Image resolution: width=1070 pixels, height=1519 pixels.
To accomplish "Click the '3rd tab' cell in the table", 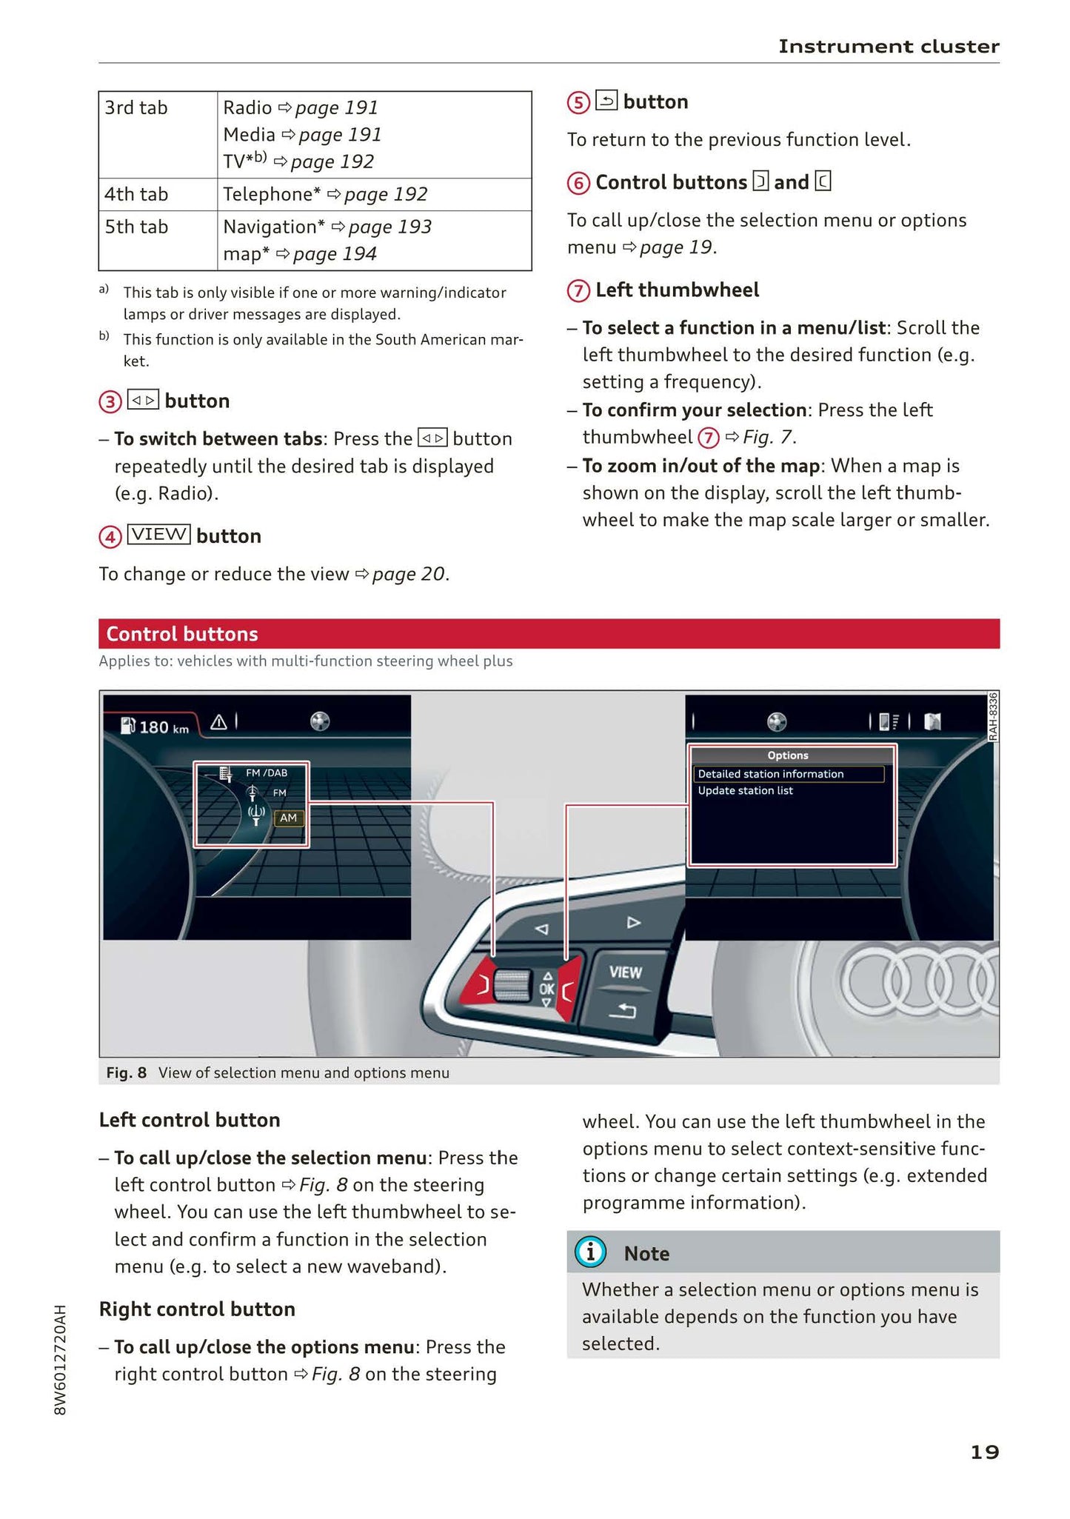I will click(x=136, y=108).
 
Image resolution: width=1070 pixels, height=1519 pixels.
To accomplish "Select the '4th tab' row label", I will click(x=136, y=195).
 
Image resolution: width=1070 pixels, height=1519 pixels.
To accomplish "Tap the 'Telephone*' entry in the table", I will click(x=272, y=195).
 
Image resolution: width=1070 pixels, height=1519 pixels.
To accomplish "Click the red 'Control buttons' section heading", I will click(x=182, y=634).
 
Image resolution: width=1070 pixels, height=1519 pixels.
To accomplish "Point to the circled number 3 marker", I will click(x=110, y=402).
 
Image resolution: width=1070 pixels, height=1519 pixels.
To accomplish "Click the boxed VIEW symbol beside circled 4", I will click(x=158, y=535).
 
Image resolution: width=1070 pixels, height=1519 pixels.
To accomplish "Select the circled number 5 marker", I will click(x=578, y=102).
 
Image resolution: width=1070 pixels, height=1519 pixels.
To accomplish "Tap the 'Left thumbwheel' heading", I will click(x=677, y=290).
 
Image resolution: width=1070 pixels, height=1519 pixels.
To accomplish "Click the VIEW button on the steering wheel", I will click(x=625, y=972).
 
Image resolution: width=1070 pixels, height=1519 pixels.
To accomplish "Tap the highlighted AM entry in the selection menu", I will click(x=288, y=818).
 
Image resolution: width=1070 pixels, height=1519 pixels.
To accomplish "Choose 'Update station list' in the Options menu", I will click(x=745, y=791).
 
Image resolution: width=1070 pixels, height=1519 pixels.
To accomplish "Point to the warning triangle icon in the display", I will click(x=218, y=722).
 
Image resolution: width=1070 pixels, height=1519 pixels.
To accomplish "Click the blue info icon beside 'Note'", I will click(x=590, y=1252).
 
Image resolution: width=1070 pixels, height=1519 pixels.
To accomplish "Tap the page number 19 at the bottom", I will click(x=984, y=1452).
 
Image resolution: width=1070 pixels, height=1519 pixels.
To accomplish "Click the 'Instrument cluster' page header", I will click(x=888, y=47).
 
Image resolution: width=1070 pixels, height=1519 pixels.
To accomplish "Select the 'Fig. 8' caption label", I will click(x=126, y=1072).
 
